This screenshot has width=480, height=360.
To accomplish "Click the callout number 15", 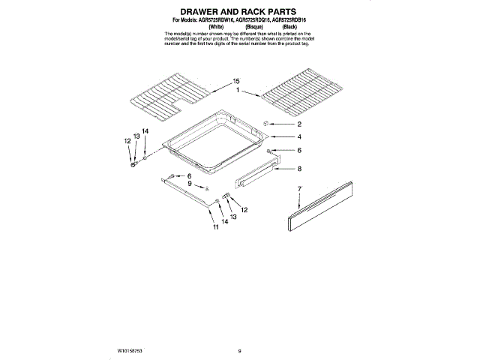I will [x=235, y=80].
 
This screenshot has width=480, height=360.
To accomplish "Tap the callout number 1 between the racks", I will [x=238, y=90].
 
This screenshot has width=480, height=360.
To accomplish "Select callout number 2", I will [x=298, y=124].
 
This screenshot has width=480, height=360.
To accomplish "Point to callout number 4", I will [x=298, y=137].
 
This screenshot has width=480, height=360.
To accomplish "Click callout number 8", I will [x=298, y=169].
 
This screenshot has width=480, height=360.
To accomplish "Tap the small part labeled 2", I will [x=265, y=123].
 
